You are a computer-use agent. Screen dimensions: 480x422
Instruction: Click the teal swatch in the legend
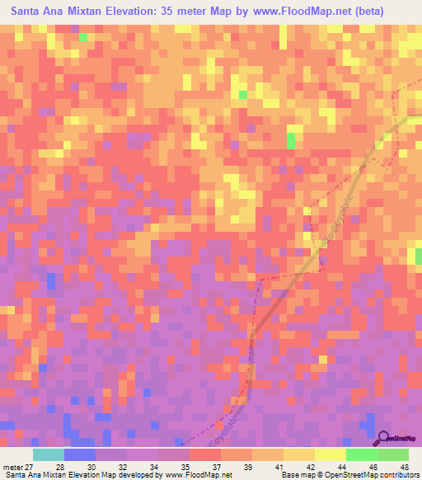[x=48, y=454]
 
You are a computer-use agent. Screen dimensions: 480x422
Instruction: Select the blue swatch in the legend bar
[x=79, y=454]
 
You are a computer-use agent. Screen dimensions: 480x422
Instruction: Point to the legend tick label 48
[x=404, y=468]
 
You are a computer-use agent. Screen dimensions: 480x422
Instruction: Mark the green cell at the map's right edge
[x=418, y=256]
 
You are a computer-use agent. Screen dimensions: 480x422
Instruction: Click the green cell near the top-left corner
[x=82, y=36]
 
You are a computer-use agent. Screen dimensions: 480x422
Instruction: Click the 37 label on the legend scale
[x=216, y=468]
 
